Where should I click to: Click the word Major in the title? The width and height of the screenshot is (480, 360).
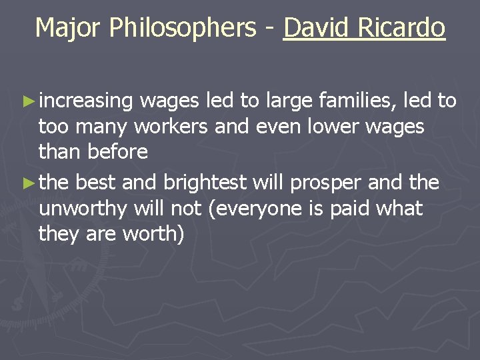69,27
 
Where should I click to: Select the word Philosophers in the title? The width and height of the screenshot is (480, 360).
181,29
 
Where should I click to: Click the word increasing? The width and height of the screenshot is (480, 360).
87,101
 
